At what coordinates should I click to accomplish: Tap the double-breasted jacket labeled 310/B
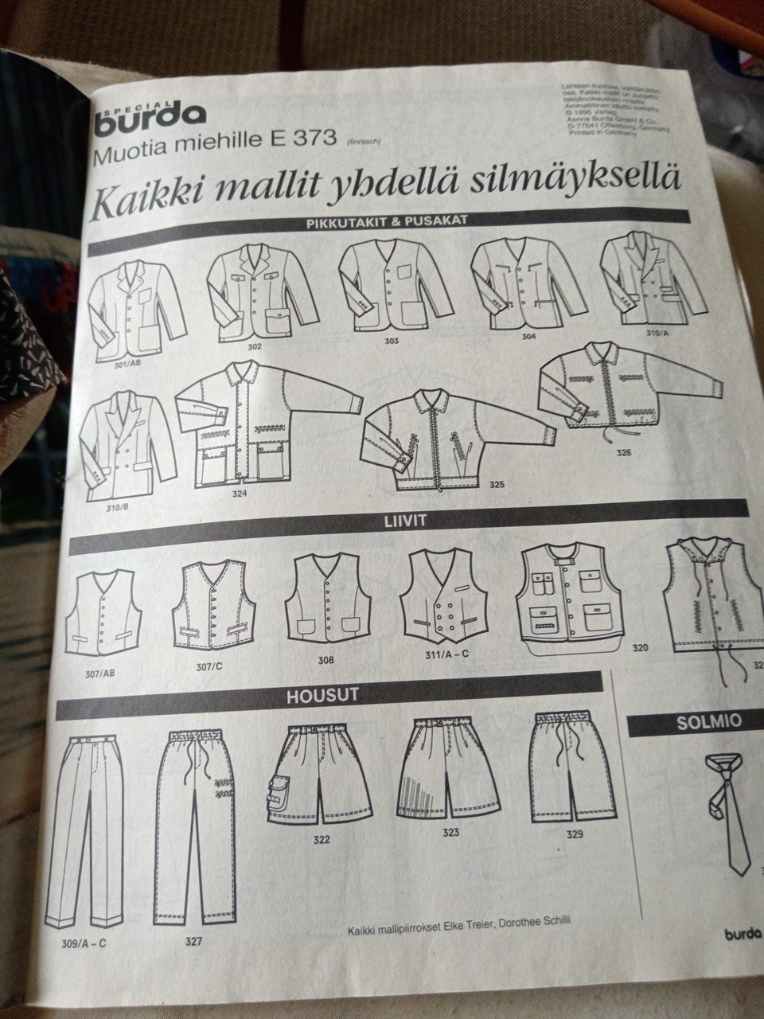pos(127,443)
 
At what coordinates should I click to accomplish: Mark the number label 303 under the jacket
pos(390,342)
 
